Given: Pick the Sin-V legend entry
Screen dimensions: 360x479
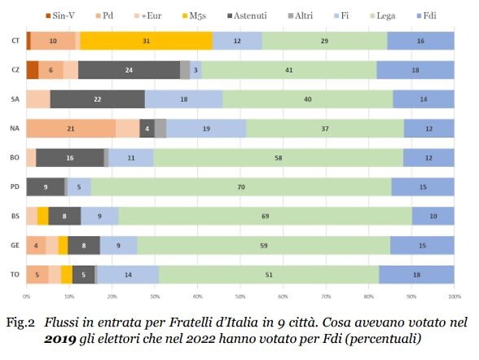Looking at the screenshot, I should click(x=62, y=15).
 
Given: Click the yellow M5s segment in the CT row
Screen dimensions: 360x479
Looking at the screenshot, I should click(x=146, y=40).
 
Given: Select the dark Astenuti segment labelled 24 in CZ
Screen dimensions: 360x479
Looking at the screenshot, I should click(x=129, y=70).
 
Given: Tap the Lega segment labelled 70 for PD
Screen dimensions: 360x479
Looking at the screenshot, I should click(x=241, y=187).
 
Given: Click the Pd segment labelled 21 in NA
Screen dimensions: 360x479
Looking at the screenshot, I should click(x=71, y=128).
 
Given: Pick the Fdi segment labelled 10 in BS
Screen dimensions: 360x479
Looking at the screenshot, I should click(x=432, y=216).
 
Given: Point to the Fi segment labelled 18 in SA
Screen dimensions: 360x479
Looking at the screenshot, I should click(x=183, y=99).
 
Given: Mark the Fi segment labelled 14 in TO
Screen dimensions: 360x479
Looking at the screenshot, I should click(x=128, y=274).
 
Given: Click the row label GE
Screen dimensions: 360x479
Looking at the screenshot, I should click(x=14, y=245).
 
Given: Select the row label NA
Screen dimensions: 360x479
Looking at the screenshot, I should click(x=14, y=128).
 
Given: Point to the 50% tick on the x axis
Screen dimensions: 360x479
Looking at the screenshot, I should click(x=240, y=296).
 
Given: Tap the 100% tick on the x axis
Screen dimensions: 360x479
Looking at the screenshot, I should click(x=454, y=296).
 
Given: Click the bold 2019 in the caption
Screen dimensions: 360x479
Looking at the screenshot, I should click(x=60, y=338).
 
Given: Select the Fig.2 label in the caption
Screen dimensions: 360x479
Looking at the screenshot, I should click(x=21, y=322).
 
